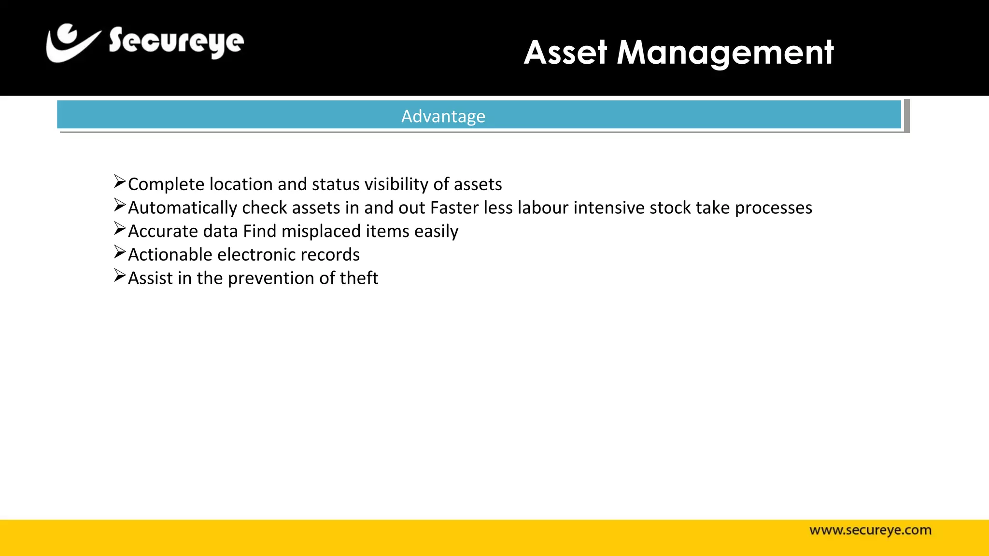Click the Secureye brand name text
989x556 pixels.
coord(176,42)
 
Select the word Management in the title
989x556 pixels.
coord(725,53)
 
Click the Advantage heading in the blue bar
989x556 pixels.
coord(443,116)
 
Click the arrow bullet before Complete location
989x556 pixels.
coord(120,182)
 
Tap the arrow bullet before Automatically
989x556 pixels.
coord(120,205)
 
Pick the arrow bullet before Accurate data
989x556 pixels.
coord(120,228)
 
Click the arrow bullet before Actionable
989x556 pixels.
coord(120,252)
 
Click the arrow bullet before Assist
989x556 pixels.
coord(120,276)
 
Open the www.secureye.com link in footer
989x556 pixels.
coord(870,530)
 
